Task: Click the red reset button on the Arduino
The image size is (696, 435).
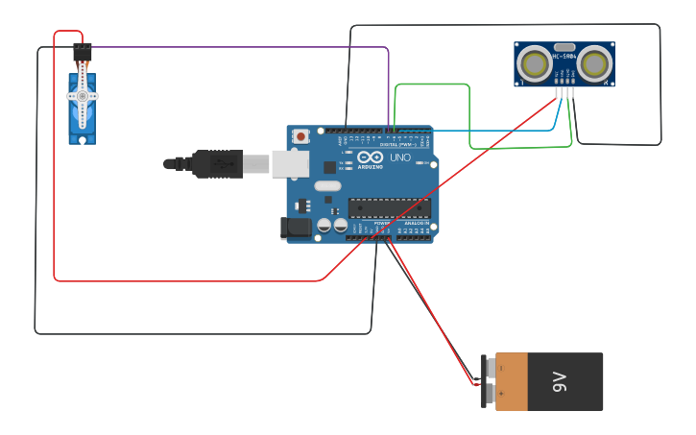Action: coord(301,136)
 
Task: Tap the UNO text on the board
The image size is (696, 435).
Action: coord(399,157)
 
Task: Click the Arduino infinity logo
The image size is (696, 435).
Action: coord(371,157)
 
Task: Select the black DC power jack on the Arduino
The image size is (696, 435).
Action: coord(294,228)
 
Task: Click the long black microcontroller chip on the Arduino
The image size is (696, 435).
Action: coord(389,207)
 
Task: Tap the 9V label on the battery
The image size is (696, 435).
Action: coord(561,381)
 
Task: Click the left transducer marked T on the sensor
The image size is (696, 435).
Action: coord(534,64)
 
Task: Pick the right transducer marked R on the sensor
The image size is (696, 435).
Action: coord(595,64)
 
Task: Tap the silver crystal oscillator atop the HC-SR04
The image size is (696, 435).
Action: coord(564,47)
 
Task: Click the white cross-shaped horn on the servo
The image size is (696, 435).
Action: coord(83,96)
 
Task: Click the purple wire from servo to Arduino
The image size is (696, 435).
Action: coord(240,46)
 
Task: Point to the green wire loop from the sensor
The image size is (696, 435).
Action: coord(432,85)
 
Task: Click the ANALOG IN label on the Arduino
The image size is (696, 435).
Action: coord(416,223)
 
